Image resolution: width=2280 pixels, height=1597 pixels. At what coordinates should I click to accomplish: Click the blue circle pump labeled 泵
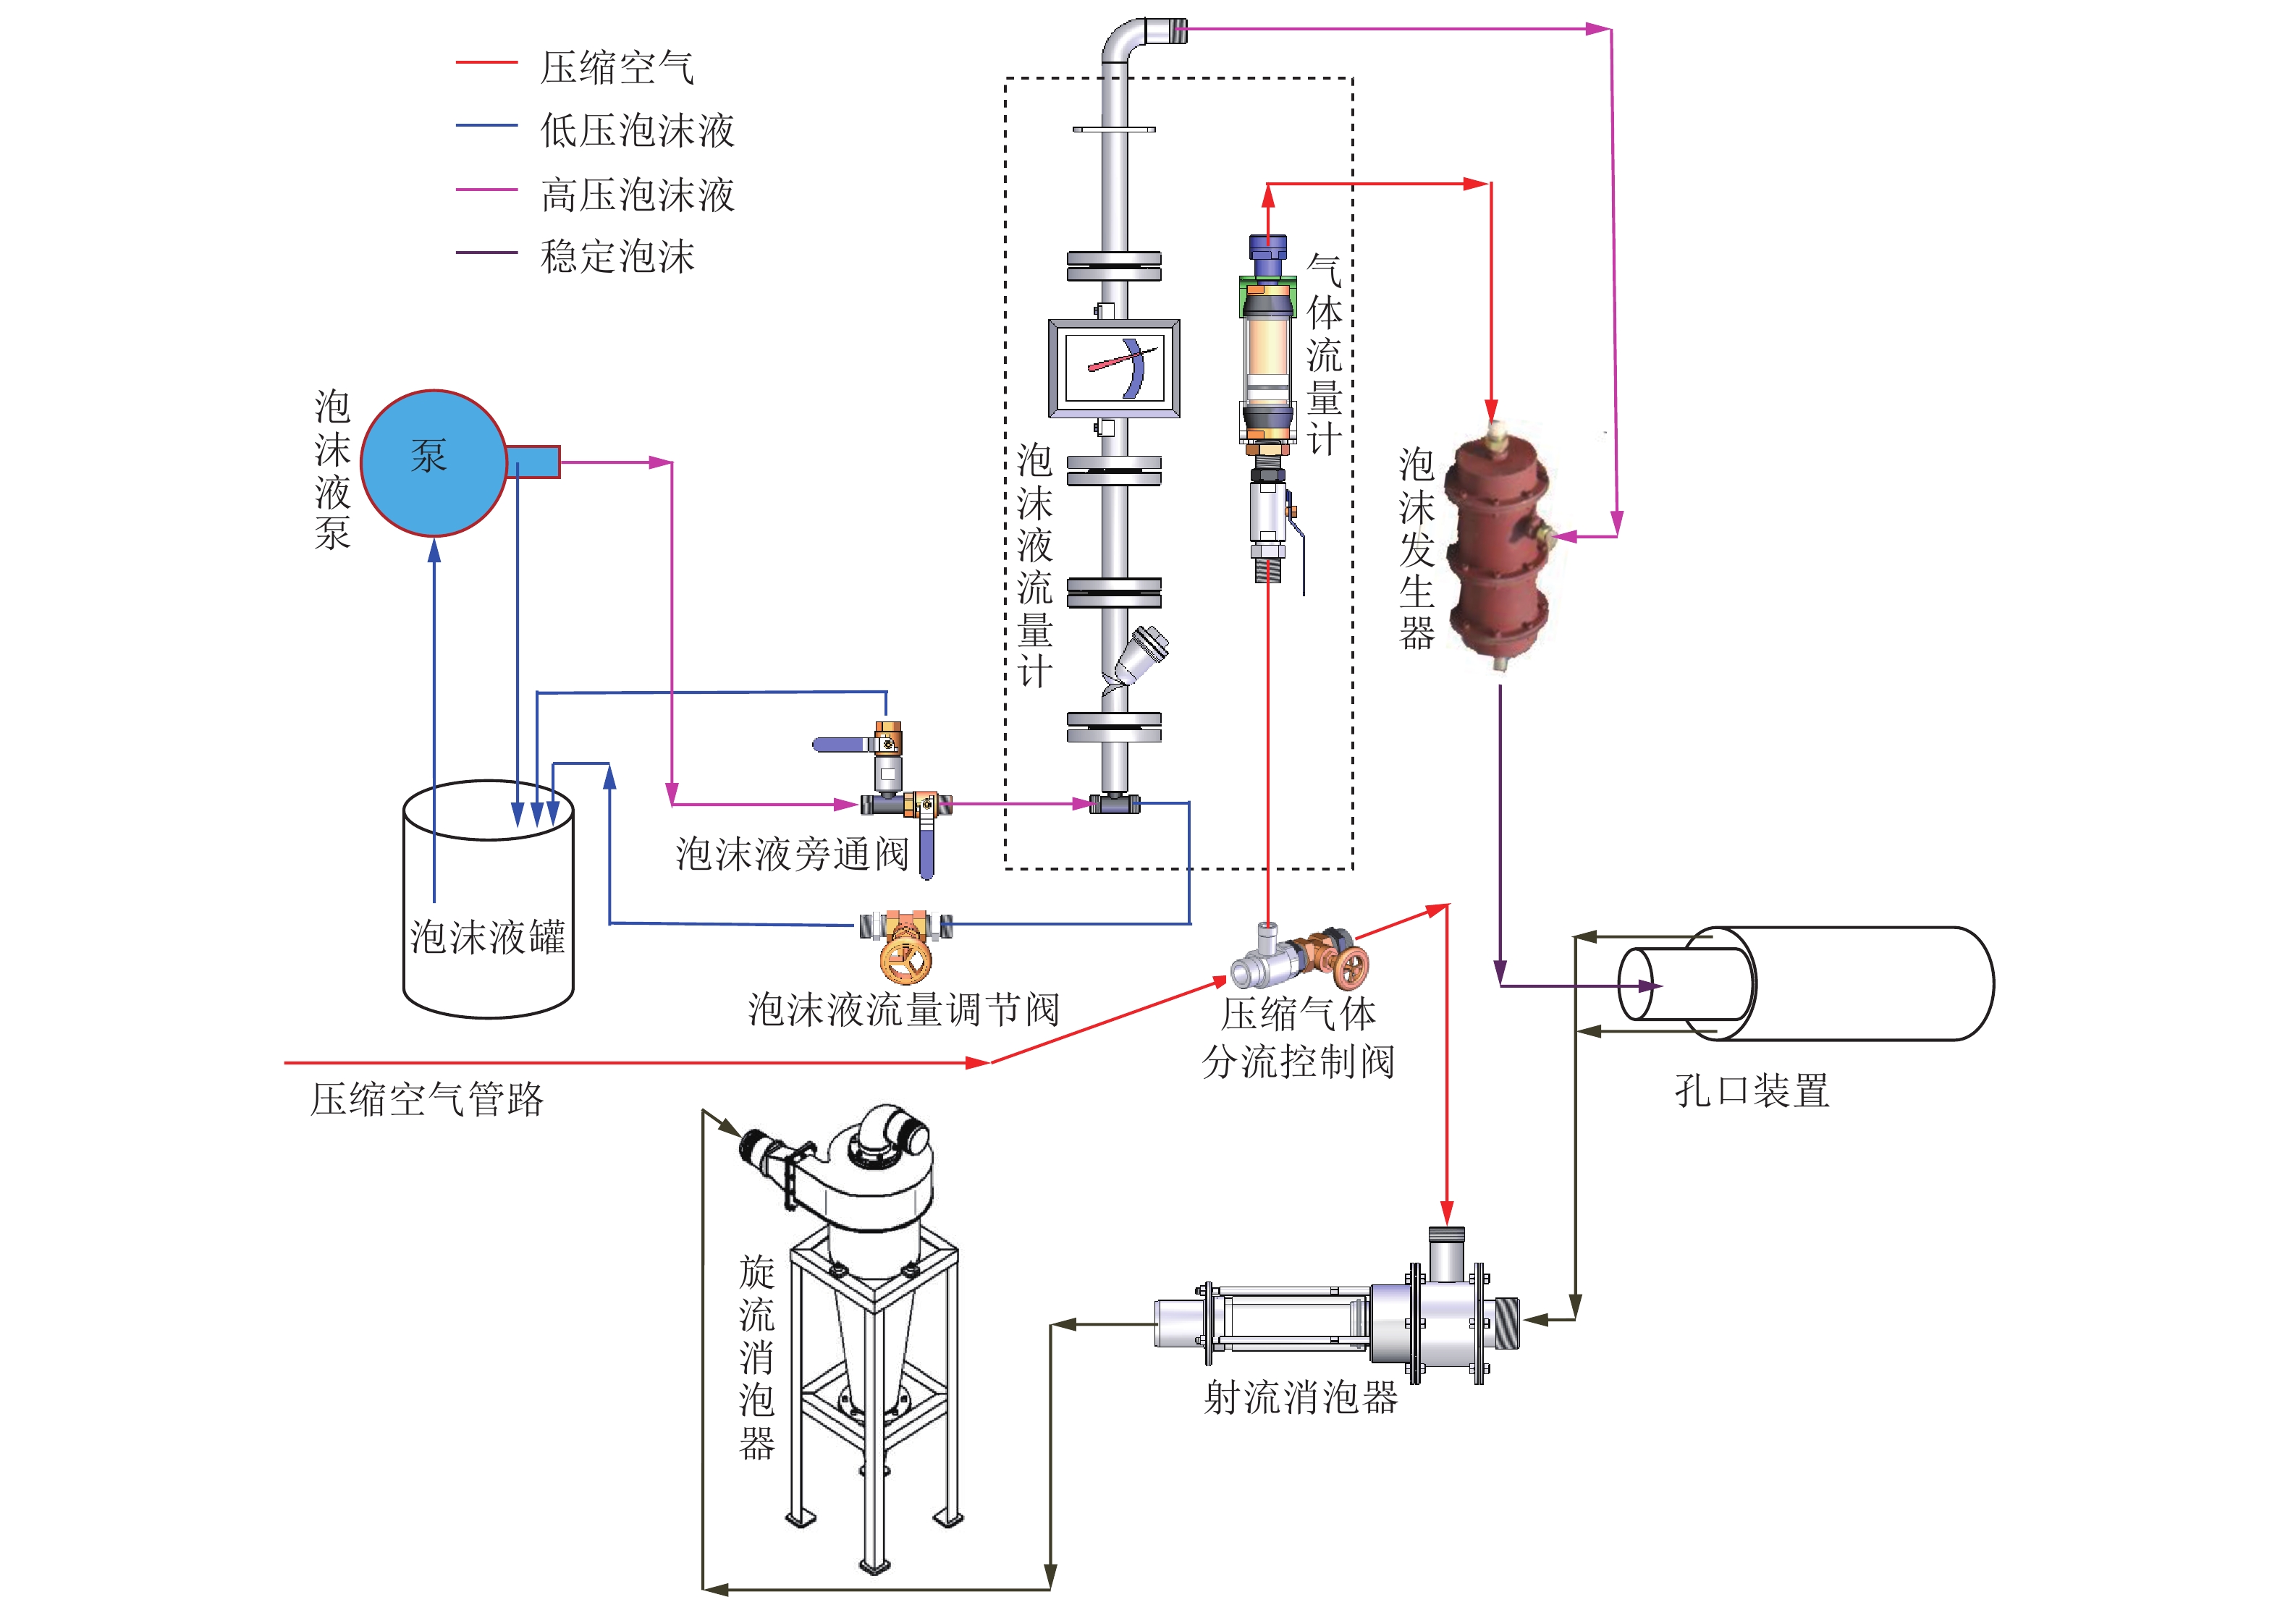433,462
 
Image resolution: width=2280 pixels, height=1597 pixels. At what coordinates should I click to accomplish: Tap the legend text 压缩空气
617,67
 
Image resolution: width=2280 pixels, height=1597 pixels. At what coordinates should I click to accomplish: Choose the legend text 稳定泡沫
617,257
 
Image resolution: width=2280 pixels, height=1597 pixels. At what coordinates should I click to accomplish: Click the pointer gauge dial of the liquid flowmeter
1114,368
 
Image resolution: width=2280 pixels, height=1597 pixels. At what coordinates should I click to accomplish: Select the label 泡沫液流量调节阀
903,1010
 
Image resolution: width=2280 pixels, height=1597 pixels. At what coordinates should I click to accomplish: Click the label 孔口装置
1752,1090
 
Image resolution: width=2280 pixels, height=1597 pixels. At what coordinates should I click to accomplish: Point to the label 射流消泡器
1301,1397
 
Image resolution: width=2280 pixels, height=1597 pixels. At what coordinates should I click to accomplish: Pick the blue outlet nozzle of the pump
533,462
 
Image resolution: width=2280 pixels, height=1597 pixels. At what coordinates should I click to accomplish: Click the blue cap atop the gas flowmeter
1267,246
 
